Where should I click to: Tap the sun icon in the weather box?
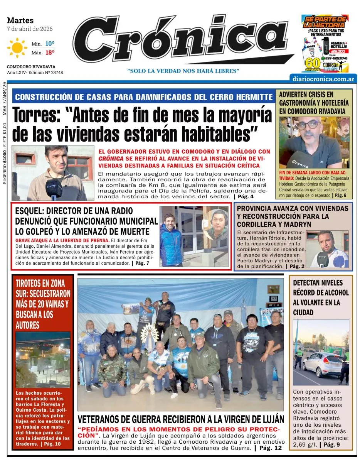click(x=17, y=47)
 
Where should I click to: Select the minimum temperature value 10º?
click(x=49, y=44)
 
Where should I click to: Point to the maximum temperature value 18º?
click(x=49, y=52)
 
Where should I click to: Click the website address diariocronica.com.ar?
click(x=323, y=78)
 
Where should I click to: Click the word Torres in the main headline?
click(x=38, y=115)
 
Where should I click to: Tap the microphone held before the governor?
click(x=53, y=189)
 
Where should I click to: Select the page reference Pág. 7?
click(x=141, y=263)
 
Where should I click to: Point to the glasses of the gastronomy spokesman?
click(x=308, y=125)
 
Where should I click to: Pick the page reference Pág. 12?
click(x=270, y=448)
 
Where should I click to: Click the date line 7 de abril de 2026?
click(x=30, y=29)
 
